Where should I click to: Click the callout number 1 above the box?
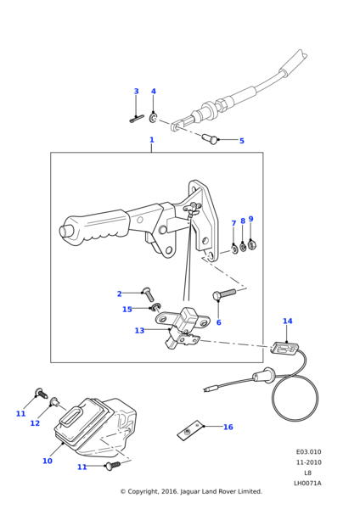(151, 140)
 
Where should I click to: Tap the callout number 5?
(242, 141)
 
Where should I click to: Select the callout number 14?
(287, 321)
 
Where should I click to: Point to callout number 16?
(228, 427)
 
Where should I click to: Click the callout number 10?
(48, 461)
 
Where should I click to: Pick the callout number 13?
(139, 331)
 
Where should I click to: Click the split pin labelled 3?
(137, 119)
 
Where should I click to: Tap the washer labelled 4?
(154, 118)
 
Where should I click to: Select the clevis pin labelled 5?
(210, 139)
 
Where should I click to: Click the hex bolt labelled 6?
(224, 294)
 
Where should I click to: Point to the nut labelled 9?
(251, 244)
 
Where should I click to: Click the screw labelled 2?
(148, 294)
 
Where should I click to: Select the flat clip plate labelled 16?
(190, 431)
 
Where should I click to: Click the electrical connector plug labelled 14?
(284, 349)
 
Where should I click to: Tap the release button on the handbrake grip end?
(65, 231)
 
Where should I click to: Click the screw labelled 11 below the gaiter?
(112, 466)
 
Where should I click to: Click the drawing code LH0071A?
(307, 484)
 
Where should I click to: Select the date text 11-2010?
(309, 462)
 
